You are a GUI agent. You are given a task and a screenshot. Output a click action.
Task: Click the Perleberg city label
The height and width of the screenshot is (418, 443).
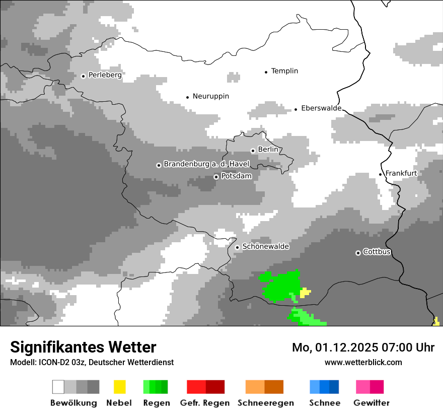coord(105,75)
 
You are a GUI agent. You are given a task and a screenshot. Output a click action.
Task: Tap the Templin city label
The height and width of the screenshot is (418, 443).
coord(284,71)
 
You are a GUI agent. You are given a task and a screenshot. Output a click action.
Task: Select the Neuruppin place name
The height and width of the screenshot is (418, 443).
coord(210,96)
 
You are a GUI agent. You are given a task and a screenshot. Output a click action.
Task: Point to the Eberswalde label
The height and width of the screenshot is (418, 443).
coord(321,108)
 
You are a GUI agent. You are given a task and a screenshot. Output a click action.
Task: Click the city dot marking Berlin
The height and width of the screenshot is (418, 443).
coord(253,151)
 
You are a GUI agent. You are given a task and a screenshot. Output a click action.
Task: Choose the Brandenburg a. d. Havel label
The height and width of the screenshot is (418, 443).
coord(206,164)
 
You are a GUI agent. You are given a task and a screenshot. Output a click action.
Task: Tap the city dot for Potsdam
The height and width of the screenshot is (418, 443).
coord(216,177)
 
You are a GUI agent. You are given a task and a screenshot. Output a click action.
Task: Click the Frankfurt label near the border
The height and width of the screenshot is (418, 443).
coord(401,173)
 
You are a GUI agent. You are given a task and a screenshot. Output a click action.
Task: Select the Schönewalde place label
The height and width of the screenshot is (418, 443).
coord(265,247)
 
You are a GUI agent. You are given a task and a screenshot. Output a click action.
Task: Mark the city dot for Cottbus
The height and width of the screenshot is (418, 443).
coord(358,253)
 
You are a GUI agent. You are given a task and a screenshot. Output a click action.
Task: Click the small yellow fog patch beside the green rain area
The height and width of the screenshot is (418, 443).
coord(305,292)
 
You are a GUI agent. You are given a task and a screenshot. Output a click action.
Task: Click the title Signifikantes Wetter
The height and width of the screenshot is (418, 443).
coord(83,347)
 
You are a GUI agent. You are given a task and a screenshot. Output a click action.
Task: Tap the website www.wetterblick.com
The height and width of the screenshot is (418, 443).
coord(363,362)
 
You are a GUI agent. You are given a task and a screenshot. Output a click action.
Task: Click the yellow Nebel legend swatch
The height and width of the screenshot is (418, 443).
coord(120,387)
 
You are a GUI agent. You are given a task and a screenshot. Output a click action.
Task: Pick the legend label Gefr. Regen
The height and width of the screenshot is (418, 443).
coord(205,403)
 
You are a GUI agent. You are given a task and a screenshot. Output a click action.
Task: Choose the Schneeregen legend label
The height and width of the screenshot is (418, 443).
coord(266,403)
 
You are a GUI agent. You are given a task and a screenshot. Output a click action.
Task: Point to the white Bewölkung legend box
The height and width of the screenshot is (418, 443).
coord(58,387)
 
